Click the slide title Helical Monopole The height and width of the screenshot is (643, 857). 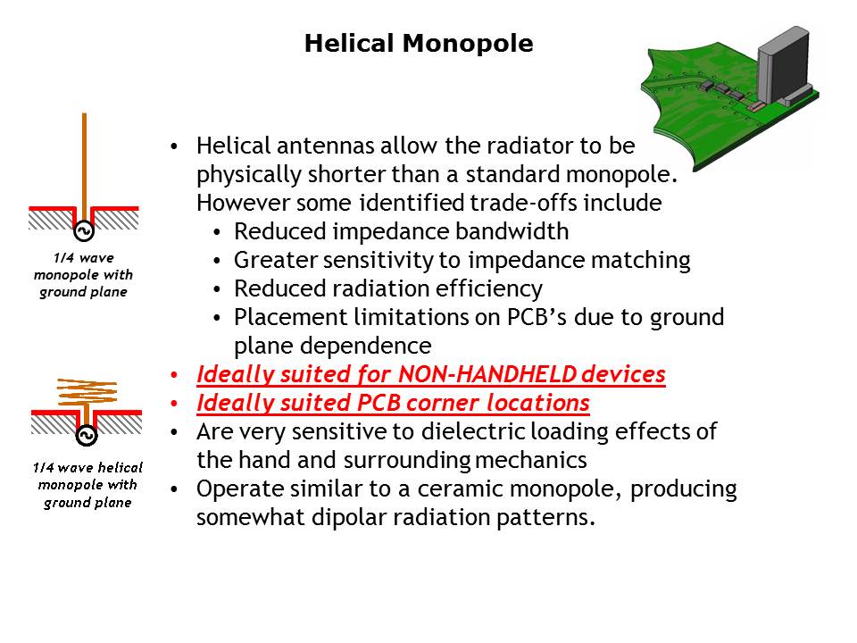pos(419,43)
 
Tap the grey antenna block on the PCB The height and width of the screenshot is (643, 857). pos(783,64)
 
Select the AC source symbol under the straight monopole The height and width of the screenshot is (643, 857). pos(84,230)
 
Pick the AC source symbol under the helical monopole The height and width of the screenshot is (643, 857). pos(87,435)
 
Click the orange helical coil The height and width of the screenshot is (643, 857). pos(87,391)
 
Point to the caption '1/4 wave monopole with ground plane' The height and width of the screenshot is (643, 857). pos(84,274)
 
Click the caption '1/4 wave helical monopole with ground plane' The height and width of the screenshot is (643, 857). pos(87,485)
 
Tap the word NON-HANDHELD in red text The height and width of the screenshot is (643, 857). pos(487,374)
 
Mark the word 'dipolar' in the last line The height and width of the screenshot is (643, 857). pos(349,518)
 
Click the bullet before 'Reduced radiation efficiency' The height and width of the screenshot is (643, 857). pos(217,288)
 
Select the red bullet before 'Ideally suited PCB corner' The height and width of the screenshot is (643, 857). pos(174,404)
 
